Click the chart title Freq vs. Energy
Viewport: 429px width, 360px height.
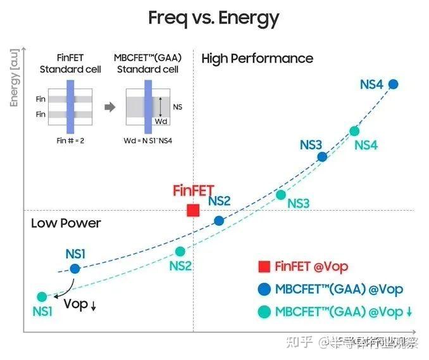pos(214,18)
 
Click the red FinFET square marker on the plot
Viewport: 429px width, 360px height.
pos(194,210)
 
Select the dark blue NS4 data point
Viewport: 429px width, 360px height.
pos(393,84)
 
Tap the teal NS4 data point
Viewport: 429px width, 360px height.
pos(354,131)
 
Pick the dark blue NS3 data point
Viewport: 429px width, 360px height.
pos(322,157)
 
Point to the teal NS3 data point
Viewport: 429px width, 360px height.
pos(281,194)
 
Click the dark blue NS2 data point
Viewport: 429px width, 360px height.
pos(219,221)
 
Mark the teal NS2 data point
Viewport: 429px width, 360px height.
pos(180,251)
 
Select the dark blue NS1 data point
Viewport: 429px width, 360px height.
pos(75,268)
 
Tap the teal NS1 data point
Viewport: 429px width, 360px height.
pos(42,296)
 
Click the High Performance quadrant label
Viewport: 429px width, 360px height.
pos(257,59)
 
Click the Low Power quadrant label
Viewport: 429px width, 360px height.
pos(66,223)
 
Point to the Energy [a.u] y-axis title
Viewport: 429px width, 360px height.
pos(15,77)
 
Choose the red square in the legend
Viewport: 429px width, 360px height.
pos(264,267)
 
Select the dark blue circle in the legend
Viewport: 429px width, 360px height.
pos(264,289)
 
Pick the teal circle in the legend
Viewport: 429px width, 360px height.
pos(264,311)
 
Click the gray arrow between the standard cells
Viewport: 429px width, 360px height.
pos(109,107)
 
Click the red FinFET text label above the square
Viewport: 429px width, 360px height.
pos(194,190)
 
